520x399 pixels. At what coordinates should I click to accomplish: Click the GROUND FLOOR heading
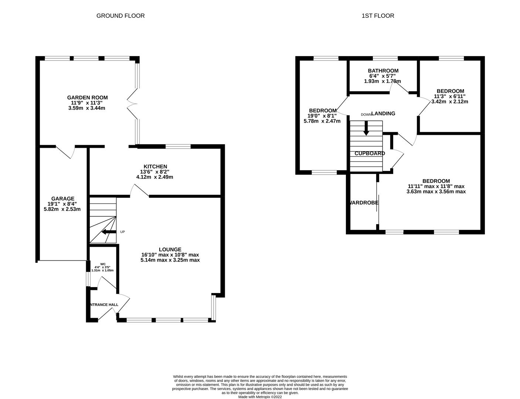tap(120, 16)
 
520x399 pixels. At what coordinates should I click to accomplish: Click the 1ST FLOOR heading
tap(378, 16)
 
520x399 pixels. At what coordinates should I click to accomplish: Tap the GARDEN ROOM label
tap(87, 98)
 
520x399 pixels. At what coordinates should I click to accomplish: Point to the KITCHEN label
tap(156, 167)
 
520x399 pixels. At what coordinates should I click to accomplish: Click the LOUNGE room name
tap(170, 249)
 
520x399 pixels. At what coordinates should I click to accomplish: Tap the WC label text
tap(103, 264)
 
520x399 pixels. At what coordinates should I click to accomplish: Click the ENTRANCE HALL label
tap(104, 305)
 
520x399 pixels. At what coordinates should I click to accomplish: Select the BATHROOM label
tap(383, 71)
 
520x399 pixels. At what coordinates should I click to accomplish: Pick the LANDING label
tap(383, 113)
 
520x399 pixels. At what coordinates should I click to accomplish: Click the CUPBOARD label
tap(370, 153)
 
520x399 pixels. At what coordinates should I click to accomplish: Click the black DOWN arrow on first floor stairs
tap(366, 130)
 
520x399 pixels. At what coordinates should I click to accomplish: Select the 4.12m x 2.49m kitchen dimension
tap(154, 177)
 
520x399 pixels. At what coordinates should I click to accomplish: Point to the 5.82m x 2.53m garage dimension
tap(62, 209)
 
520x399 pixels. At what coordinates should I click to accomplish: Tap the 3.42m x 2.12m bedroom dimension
tap(450, 102)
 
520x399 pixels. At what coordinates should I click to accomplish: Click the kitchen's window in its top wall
tap(178, 147)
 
